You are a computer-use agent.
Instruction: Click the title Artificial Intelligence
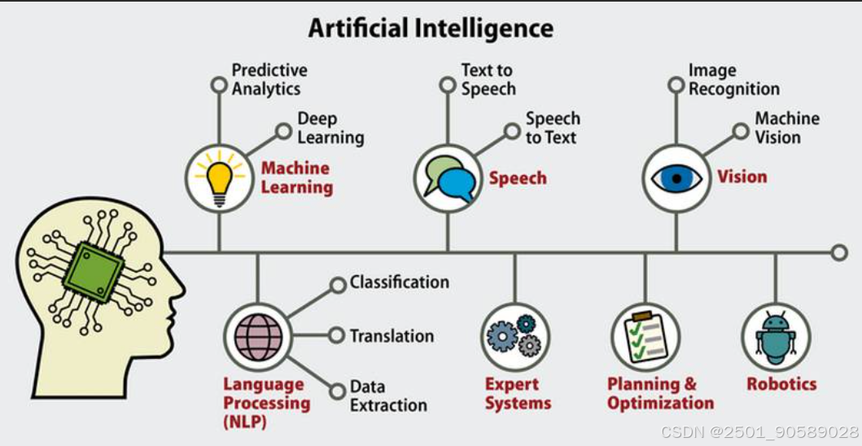(x=431, y=28)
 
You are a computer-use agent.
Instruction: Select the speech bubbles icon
(x=446, y=177)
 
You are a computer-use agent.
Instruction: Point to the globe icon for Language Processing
(x=257, y=335)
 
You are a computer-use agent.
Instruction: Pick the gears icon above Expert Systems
(x=514, y=335)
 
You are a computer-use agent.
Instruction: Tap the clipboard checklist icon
(x=645, y=336)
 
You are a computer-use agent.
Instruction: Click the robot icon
(x=774, y=336)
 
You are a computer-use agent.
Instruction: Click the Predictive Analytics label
(x=269, y=80)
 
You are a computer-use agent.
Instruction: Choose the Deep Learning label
(x=330, y=129)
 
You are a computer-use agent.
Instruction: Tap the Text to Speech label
(x=488, y=80)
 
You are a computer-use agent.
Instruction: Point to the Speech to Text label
(x=553, y=129)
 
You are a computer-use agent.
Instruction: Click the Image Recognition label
(x=733, y=80)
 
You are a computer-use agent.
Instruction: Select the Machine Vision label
(x=786, y=128)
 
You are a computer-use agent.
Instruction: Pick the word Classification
(x=399, y=282)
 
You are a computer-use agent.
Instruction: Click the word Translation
(x=392, y=335)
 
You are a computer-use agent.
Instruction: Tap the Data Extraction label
(x=388, y=396)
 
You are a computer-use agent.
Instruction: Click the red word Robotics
(x=781, y=383)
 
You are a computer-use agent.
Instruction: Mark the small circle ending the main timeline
(x=839, y=253)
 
